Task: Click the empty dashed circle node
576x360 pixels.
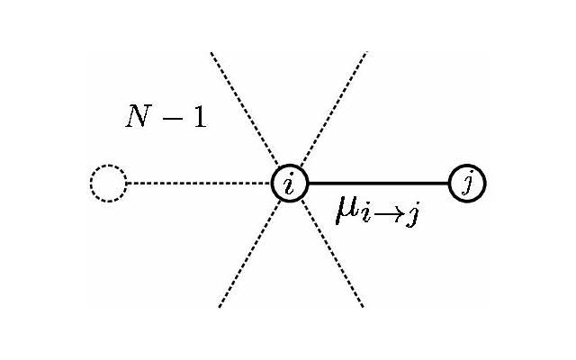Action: pyautogui.click(x=108, y=184)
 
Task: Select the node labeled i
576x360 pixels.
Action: pyautogui.click(x=289, y=184)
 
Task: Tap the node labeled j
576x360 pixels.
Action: pyautogui.click(x=467, y=184)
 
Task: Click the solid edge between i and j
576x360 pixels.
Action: pyautogui.click(x=378, y=184)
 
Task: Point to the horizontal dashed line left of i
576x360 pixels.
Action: pyautogui.click(x=198, y=184)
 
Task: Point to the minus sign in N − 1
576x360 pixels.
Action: pyautogui.click(x=170, y=119)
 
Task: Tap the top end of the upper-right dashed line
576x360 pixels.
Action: pyautogui.click(x=365, y=53)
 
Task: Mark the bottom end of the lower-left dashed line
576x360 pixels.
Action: pyautogui.click(x=219, y=307)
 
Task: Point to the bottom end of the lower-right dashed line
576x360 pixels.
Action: pyautogui.click(x=363, y=307)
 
